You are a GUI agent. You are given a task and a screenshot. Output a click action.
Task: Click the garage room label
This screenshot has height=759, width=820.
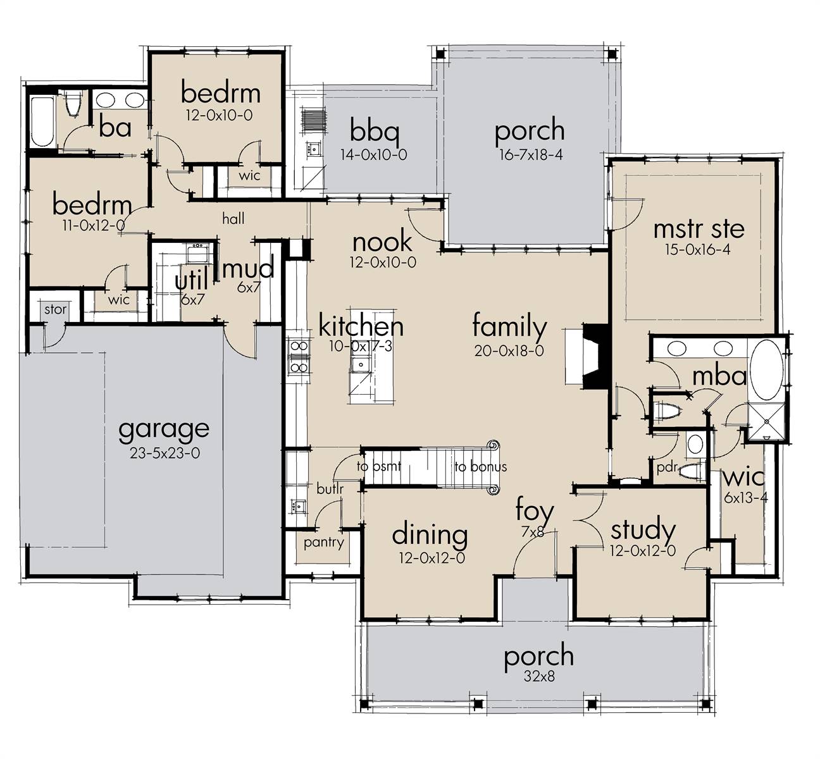164,431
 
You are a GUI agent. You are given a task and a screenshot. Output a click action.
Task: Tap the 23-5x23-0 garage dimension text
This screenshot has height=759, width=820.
165,454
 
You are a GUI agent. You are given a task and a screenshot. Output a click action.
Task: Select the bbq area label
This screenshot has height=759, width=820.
375,131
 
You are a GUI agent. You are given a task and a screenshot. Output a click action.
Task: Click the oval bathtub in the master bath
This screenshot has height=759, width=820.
766,369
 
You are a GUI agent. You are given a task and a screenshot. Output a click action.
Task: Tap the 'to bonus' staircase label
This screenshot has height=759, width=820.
481,467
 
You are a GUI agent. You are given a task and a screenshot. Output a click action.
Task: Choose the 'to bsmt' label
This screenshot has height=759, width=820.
378,467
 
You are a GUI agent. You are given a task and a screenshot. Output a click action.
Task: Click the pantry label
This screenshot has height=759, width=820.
324,542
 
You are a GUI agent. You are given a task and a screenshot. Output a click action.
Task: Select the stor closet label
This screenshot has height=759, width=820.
55,310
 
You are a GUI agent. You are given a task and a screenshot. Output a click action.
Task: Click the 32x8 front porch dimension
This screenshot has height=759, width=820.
539,676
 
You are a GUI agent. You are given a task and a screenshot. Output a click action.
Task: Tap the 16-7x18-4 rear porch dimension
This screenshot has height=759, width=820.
531,155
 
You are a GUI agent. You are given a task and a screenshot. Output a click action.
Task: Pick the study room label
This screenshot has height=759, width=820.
643,531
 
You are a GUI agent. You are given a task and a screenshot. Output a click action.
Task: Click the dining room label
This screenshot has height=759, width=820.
430,534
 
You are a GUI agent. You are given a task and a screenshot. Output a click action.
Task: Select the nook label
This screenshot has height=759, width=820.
382,242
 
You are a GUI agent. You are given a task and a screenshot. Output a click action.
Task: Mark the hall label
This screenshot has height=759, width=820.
233,218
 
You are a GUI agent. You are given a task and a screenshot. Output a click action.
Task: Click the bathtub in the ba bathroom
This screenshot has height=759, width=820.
42,121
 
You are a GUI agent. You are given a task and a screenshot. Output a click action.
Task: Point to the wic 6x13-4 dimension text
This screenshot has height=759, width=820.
746,498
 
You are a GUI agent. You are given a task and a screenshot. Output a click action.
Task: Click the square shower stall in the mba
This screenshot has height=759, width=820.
766,422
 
